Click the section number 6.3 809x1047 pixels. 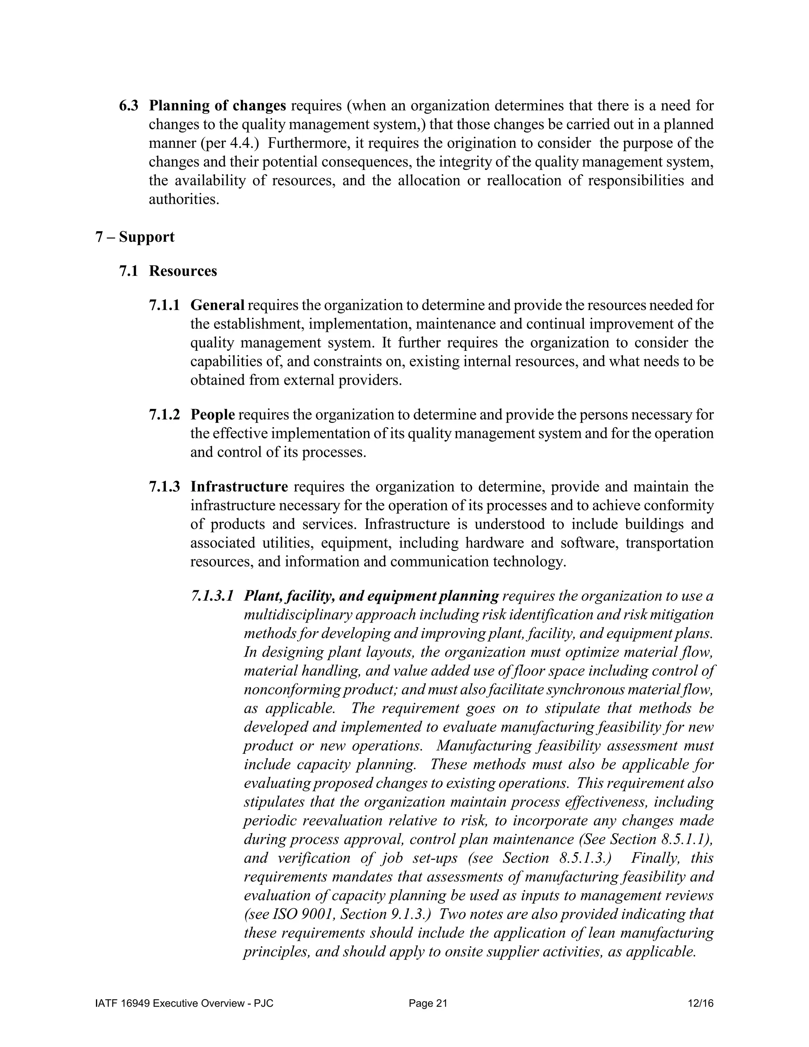click(128, 105)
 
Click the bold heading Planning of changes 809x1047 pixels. click(217, 105)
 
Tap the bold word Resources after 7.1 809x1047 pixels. click(182, 271)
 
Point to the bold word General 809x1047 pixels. click(217, 305)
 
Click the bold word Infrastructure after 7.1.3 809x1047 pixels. click(239, 487)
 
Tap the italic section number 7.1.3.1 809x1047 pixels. click(212, 596)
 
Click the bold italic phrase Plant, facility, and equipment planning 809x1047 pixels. click(371, 596)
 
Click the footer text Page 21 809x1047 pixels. click(427, 1004)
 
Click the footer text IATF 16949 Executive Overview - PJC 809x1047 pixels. click(184, 1004)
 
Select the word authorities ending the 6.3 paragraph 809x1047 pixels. click(184, 199)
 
